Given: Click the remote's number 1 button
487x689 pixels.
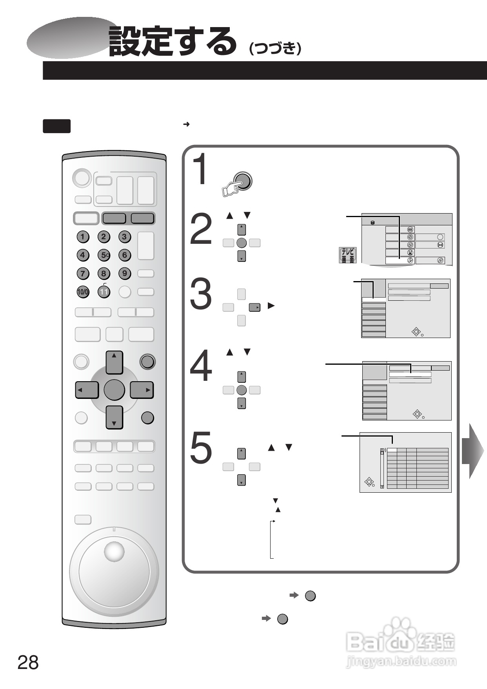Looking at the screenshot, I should click(82, 237).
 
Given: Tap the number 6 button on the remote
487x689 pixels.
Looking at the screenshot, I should click(125, 255).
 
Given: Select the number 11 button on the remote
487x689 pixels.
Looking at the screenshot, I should click(104, 292).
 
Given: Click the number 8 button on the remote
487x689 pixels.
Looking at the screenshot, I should click(104, 273).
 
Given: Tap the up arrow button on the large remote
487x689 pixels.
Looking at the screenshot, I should click(114, 362).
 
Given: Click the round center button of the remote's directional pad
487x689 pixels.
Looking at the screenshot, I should click(114, 390).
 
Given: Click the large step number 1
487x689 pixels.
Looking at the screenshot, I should click(202, 170).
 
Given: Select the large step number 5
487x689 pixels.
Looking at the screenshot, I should click(201, 447).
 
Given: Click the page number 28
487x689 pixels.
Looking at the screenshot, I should click(28, 663).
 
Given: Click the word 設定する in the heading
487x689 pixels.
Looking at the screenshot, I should click(173, 41).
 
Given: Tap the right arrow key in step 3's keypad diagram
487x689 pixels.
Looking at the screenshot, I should click(255, 307).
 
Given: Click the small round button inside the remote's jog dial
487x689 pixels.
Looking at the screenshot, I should click(114, 551).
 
